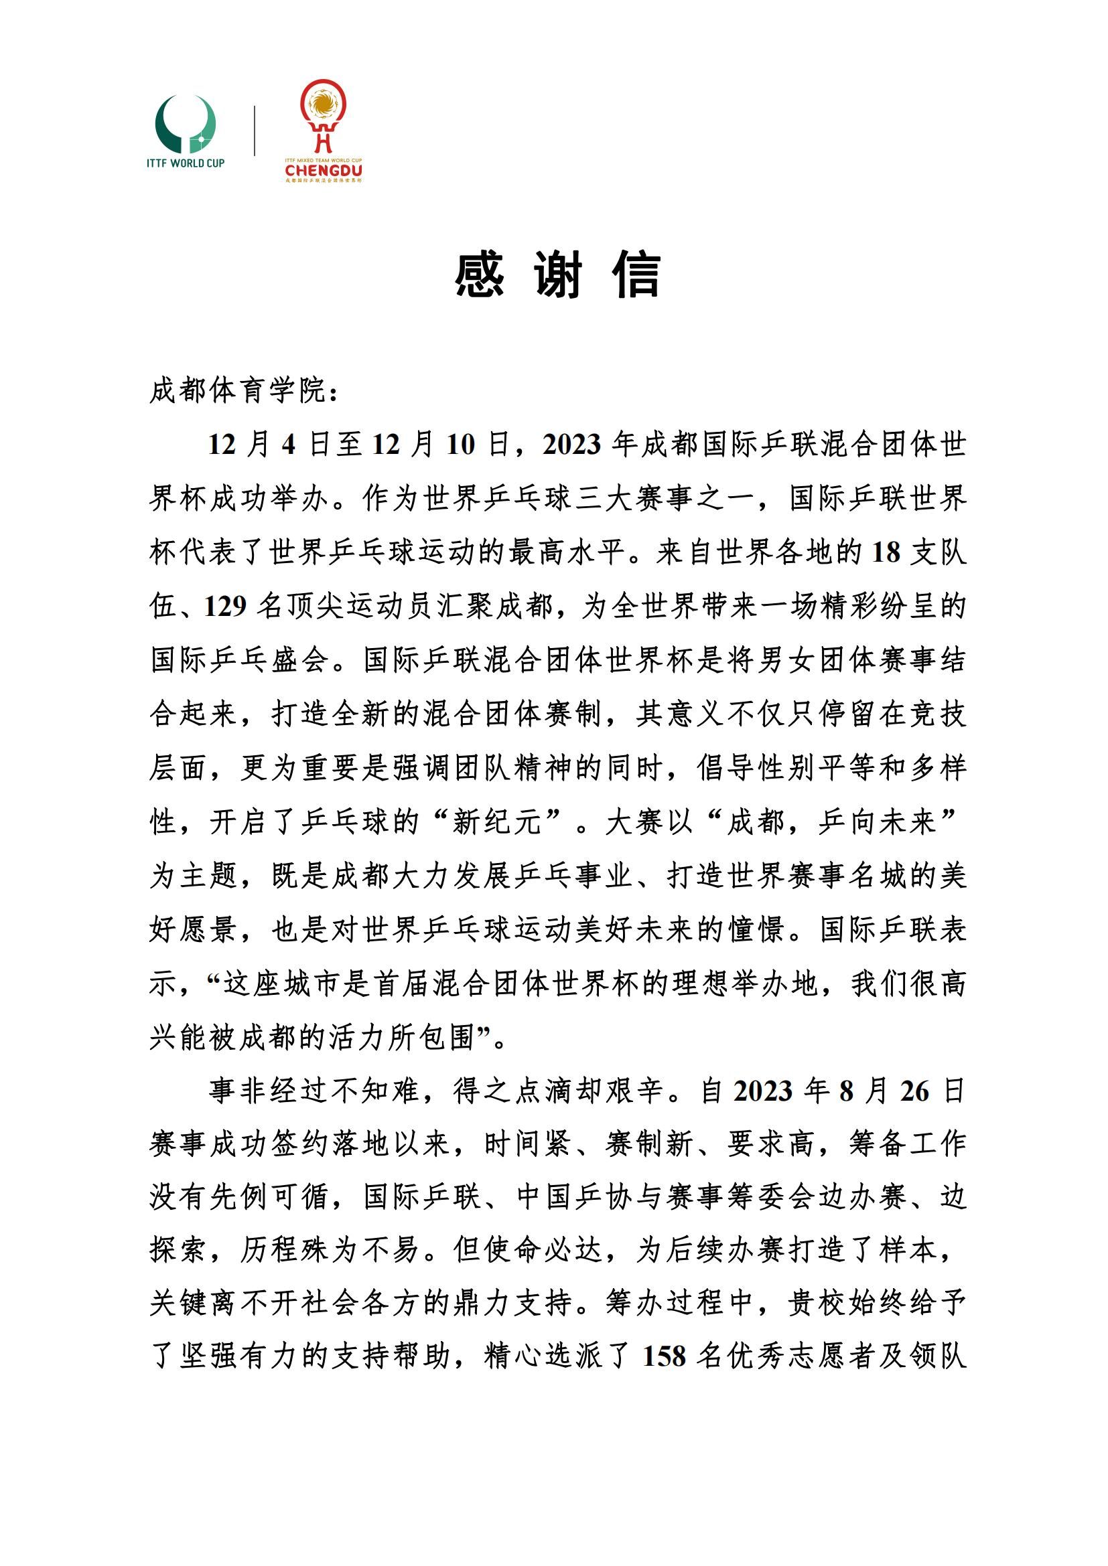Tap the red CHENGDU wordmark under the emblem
[324, 170]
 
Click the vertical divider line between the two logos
[255, 131]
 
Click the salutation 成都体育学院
[238, 391]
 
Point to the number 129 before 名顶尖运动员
[225, 607]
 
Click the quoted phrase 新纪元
[496, 822]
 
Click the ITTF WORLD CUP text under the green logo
[186, 163]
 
